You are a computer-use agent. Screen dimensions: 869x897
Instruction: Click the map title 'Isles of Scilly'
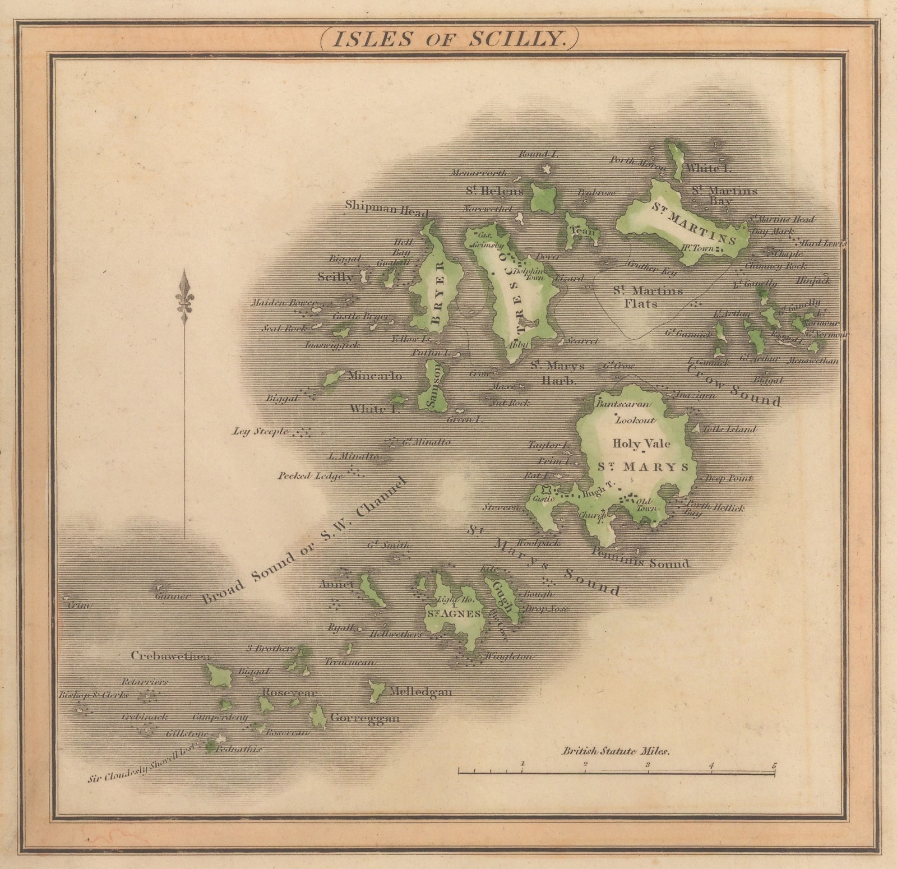(x=447, y=39)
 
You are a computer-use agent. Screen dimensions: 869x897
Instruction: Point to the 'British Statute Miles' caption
(x=616, y=752)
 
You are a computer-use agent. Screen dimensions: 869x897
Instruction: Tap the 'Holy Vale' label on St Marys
(x=641, y=443)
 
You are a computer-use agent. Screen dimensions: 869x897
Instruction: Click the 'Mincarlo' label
(x=375, y=376)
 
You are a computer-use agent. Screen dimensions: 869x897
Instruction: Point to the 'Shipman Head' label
(x=387, y=207)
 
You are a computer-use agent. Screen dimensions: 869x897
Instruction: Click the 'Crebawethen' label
(x=170, y=655)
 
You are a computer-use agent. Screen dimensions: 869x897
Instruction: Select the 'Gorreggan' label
(x=365, y=718)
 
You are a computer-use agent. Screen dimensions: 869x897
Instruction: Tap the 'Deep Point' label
(x=728, y=478)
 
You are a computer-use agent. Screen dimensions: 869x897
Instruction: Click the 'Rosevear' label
(x=289, y=693)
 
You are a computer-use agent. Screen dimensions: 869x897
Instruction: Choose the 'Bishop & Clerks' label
(x=94, y=695)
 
